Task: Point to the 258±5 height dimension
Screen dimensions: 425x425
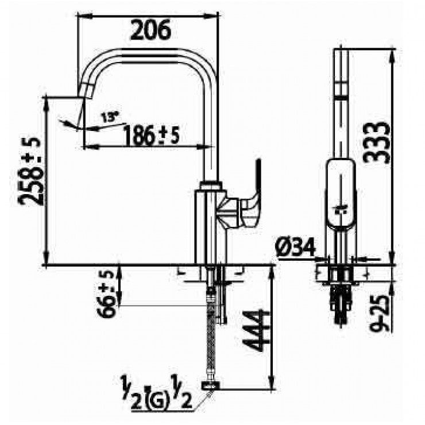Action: pos(30,172)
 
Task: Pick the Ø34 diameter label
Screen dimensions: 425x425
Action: pos(295,248)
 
